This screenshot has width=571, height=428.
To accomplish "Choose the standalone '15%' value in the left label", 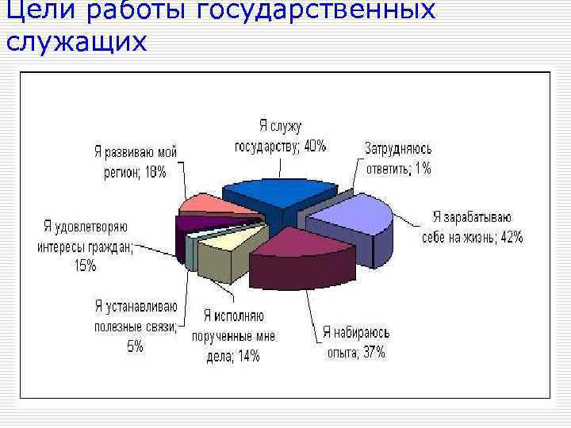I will point(85,266).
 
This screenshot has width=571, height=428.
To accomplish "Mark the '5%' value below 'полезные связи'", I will point(135,346).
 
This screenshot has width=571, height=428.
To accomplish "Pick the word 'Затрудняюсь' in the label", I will point(398,148).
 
